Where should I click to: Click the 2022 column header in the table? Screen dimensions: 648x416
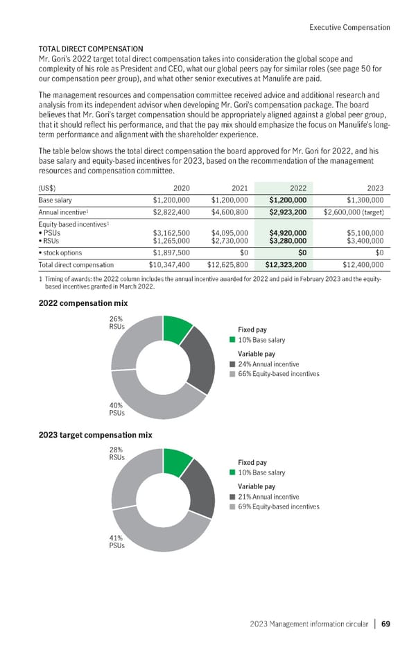pos(298,188)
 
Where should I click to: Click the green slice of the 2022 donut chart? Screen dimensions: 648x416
pos(177,329)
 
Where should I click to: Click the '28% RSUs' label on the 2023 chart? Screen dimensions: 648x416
pos(115,454)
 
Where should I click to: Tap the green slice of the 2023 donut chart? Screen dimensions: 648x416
pos(177,461)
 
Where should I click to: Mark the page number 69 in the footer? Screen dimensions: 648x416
pos(385,623)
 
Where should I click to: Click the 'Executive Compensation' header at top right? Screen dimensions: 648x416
pos(349,28)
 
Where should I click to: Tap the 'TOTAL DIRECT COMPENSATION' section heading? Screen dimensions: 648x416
pos(91,49)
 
